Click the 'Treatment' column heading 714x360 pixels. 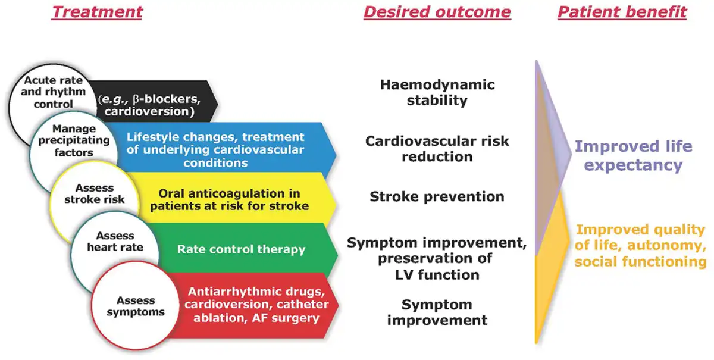(97, 12)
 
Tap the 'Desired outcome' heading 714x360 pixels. (437, 12)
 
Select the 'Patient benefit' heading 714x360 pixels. (622, 12)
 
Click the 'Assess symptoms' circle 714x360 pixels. (136, 306)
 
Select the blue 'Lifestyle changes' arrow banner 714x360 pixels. (223, 149)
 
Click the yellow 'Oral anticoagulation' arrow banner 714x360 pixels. (233, 199)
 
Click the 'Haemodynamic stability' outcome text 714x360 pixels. (437, 92)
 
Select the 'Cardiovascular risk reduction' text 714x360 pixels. (437, 149)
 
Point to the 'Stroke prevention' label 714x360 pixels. (437, 196)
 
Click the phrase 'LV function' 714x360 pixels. (437, 274)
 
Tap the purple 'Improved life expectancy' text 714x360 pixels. (633, 156)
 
